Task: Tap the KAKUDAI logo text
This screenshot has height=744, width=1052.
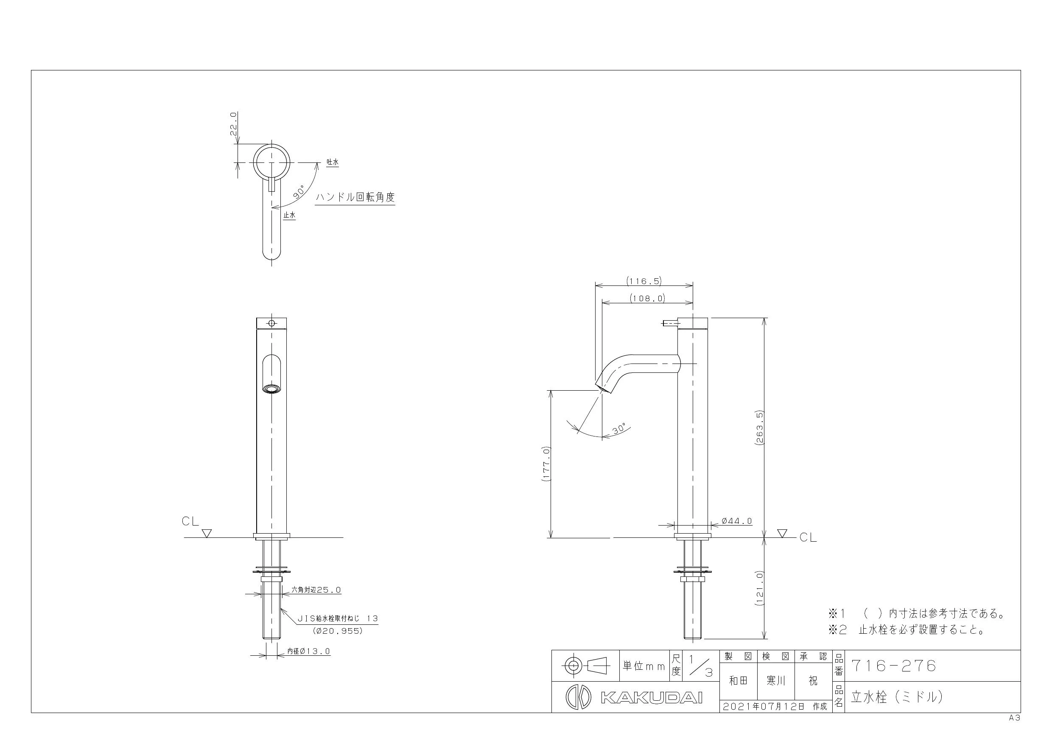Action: tap(651, 697)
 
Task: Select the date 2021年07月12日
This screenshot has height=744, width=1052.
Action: tap(764, 706)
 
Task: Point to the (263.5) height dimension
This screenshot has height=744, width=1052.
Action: tap(759, 428)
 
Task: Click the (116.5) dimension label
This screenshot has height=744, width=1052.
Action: tap(644, 281)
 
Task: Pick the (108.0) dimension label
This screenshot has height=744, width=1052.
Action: tap(647, 298)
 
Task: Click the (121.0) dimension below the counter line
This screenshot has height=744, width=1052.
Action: tap(759, 589)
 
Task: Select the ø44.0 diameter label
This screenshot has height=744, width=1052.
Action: tap(737, 521)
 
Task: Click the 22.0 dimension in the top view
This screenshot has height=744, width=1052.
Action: tap(233, 124)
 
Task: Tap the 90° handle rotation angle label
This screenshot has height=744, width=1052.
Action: tap(299, 191)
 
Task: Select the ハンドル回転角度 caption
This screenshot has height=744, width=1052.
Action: tap(355, 198)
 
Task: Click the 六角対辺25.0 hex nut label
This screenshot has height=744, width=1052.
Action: tap(316, 590)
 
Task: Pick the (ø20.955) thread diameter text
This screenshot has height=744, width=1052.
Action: tap(338, 631)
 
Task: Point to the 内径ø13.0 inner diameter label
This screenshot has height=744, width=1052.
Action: tap(308, 651)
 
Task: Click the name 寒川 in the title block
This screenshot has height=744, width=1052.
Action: tap(776, 681)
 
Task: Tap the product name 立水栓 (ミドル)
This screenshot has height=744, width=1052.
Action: tap(897, 697)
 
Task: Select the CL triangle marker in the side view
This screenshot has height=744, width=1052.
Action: tap(782, 533)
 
